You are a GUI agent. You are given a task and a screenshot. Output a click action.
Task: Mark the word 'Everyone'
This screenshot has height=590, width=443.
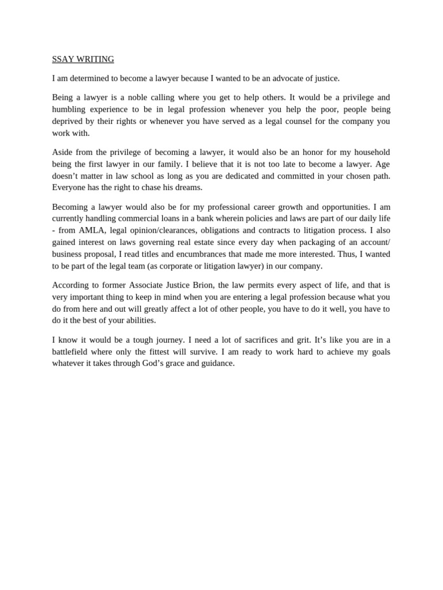coord(69,188)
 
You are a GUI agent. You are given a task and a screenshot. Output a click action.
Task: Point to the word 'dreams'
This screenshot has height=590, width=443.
coord(188,188)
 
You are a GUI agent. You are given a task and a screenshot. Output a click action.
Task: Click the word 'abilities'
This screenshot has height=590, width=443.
coord(137,320)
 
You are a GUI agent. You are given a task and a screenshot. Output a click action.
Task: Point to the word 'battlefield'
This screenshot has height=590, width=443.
coord(72,351)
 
